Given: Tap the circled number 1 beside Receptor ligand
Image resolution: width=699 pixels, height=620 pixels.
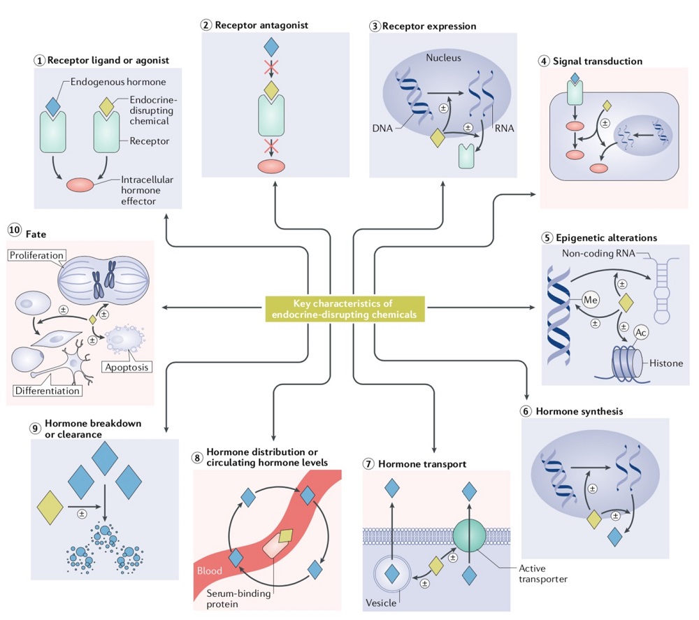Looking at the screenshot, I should pyautogui.click(x=40, y=60).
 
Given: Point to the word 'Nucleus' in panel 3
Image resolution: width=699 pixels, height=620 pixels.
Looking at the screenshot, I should pyautogui.click(x=445, y=57).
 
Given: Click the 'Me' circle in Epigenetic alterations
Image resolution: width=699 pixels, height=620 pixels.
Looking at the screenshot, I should pyautogui.click(x=591, y=301).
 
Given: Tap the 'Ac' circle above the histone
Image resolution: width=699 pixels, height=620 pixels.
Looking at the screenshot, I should pyautogui.click(x=641, y=332).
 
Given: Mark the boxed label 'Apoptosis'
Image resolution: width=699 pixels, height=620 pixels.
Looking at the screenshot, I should pyautogui.click(x=125, y=366).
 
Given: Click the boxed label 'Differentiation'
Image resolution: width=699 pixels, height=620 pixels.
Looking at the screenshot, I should pyautogui.click(x=47, y=389).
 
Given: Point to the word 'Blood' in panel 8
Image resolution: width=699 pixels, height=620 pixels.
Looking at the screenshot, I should pyautogui.click(x=209, y=571).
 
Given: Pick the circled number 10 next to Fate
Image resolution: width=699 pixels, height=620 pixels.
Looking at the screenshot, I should pyautogui.click(x=14, y=229).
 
